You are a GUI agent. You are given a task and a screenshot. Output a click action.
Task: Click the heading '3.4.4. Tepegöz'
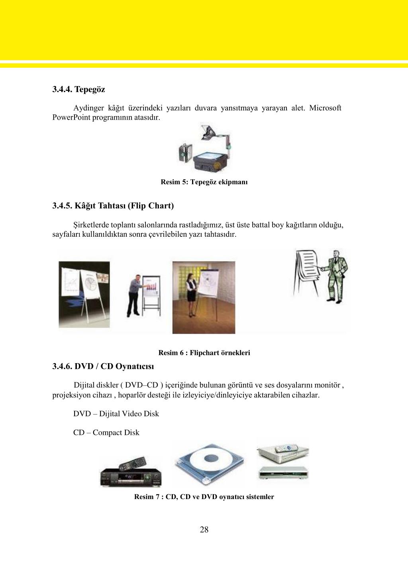[78, 89]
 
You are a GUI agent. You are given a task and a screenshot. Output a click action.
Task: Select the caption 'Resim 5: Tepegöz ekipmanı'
[204, 182]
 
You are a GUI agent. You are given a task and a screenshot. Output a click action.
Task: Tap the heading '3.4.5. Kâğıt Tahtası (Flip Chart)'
[113, 206]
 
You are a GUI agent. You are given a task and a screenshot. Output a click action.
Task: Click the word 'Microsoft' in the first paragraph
[325, 108]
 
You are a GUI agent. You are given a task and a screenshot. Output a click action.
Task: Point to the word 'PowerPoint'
[71, 118]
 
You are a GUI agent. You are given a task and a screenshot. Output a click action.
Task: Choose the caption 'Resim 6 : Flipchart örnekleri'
[204, 353]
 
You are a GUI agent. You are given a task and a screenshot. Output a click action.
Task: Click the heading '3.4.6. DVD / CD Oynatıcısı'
[103, 366]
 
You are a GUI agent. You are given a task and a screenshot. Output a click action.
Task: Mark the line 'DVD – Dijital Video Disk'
[116, 414]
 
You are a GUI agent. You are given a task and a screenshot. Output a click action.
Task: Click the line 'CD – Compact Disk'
[106, 432]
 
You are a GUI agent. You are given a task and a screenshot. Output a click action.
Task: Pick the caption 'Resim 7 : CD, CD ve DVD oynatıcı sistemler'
[204, 497]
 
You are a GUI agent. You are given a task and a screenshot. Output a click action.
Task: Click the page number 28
[204, 529]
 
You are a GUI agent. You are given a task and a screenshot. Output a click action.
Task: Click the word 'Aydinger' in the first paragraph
[88, 108]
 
